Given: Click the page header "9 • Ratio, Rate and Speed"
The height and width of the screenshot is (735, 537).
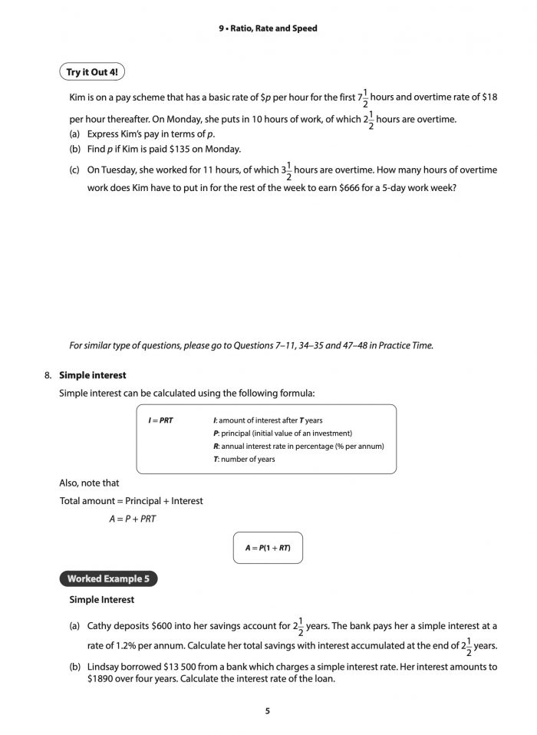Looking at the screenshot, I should (268, 28).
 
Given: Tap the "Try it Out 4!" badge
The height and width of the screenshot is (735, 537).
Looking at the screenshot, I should (92, 72).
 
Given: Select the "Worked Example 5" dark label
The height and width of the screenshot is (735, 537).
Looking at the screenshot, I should (108, 578).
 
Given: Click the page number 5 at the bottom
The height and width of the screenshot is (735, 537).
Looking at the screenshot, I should (268, 711).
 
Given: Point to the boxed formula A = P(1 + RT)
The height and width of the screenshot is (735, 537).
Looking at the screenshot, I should (268, 549).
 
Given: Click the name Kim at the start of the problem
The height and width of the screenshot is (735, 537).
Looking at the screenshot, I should (77, 97).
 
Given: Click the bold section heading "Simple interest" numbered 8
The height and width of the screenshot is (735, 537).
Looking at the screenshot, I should (93, 375).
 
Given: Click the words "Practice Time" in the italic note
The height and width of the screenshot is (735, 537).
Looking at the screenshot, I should (407, 345).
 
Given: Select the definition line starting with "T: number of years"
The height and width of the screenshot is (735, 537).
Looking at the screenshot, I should (243, 459).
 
